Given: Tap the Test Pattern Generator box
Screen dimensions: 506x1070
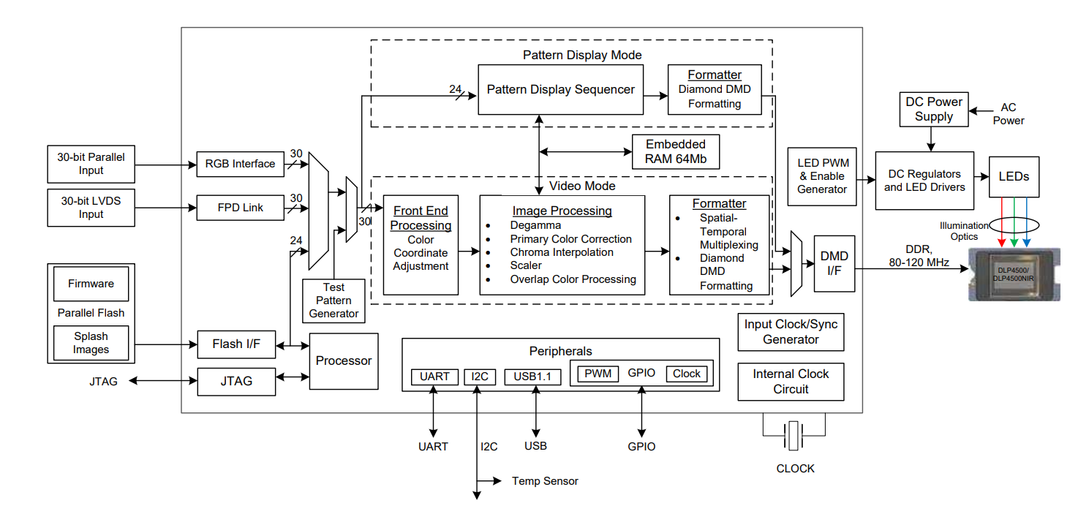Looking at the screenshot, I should (334, 301).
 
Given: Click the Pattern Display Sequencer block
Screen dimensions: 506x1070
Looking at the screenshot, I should (561, 90).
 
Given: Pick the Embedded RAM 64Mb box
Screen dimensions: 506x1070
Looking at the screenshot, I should (676, 152).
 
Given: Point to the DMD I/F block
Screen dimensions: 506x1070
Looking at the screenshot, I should (834, 263).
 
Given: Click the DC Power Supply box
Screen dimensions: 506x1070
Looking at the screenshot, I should (933, 110).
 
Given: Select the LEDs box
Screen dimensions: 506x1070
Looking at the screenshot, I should (1014, 176).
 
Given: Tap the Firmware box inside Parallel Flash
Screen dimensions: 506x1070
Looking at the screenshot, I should (91, 284).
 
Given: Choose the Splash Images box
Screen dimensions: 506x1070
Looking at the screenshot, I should (91, 343).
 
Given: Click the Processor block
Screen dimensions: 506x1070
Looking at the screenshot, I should (344, 361).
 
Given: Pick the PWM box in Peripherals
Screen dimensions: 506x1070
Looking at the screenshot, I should (598, 374).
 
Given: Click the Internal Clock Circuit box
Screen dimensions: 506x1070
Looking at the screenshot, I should (791, 382).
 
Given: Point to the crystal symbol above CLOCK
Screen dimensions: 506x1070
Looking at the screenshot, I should (794, 437).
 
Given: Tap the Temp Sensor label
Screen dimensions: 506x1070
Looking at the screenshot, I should (545, 481).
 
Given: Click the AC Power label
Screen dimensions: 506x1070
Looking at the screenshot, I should (1009, 114).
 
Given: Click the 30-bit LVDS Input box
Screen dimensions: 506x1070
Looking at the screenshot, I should (91, 208).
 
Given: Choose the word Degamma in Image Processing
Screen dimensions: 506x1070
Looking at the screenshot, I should (535, 225).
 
